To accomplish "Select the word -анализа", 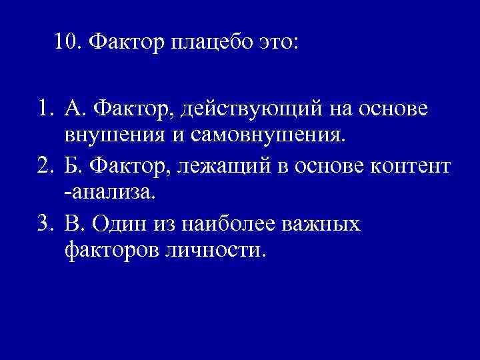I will (x=107, y=193).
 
